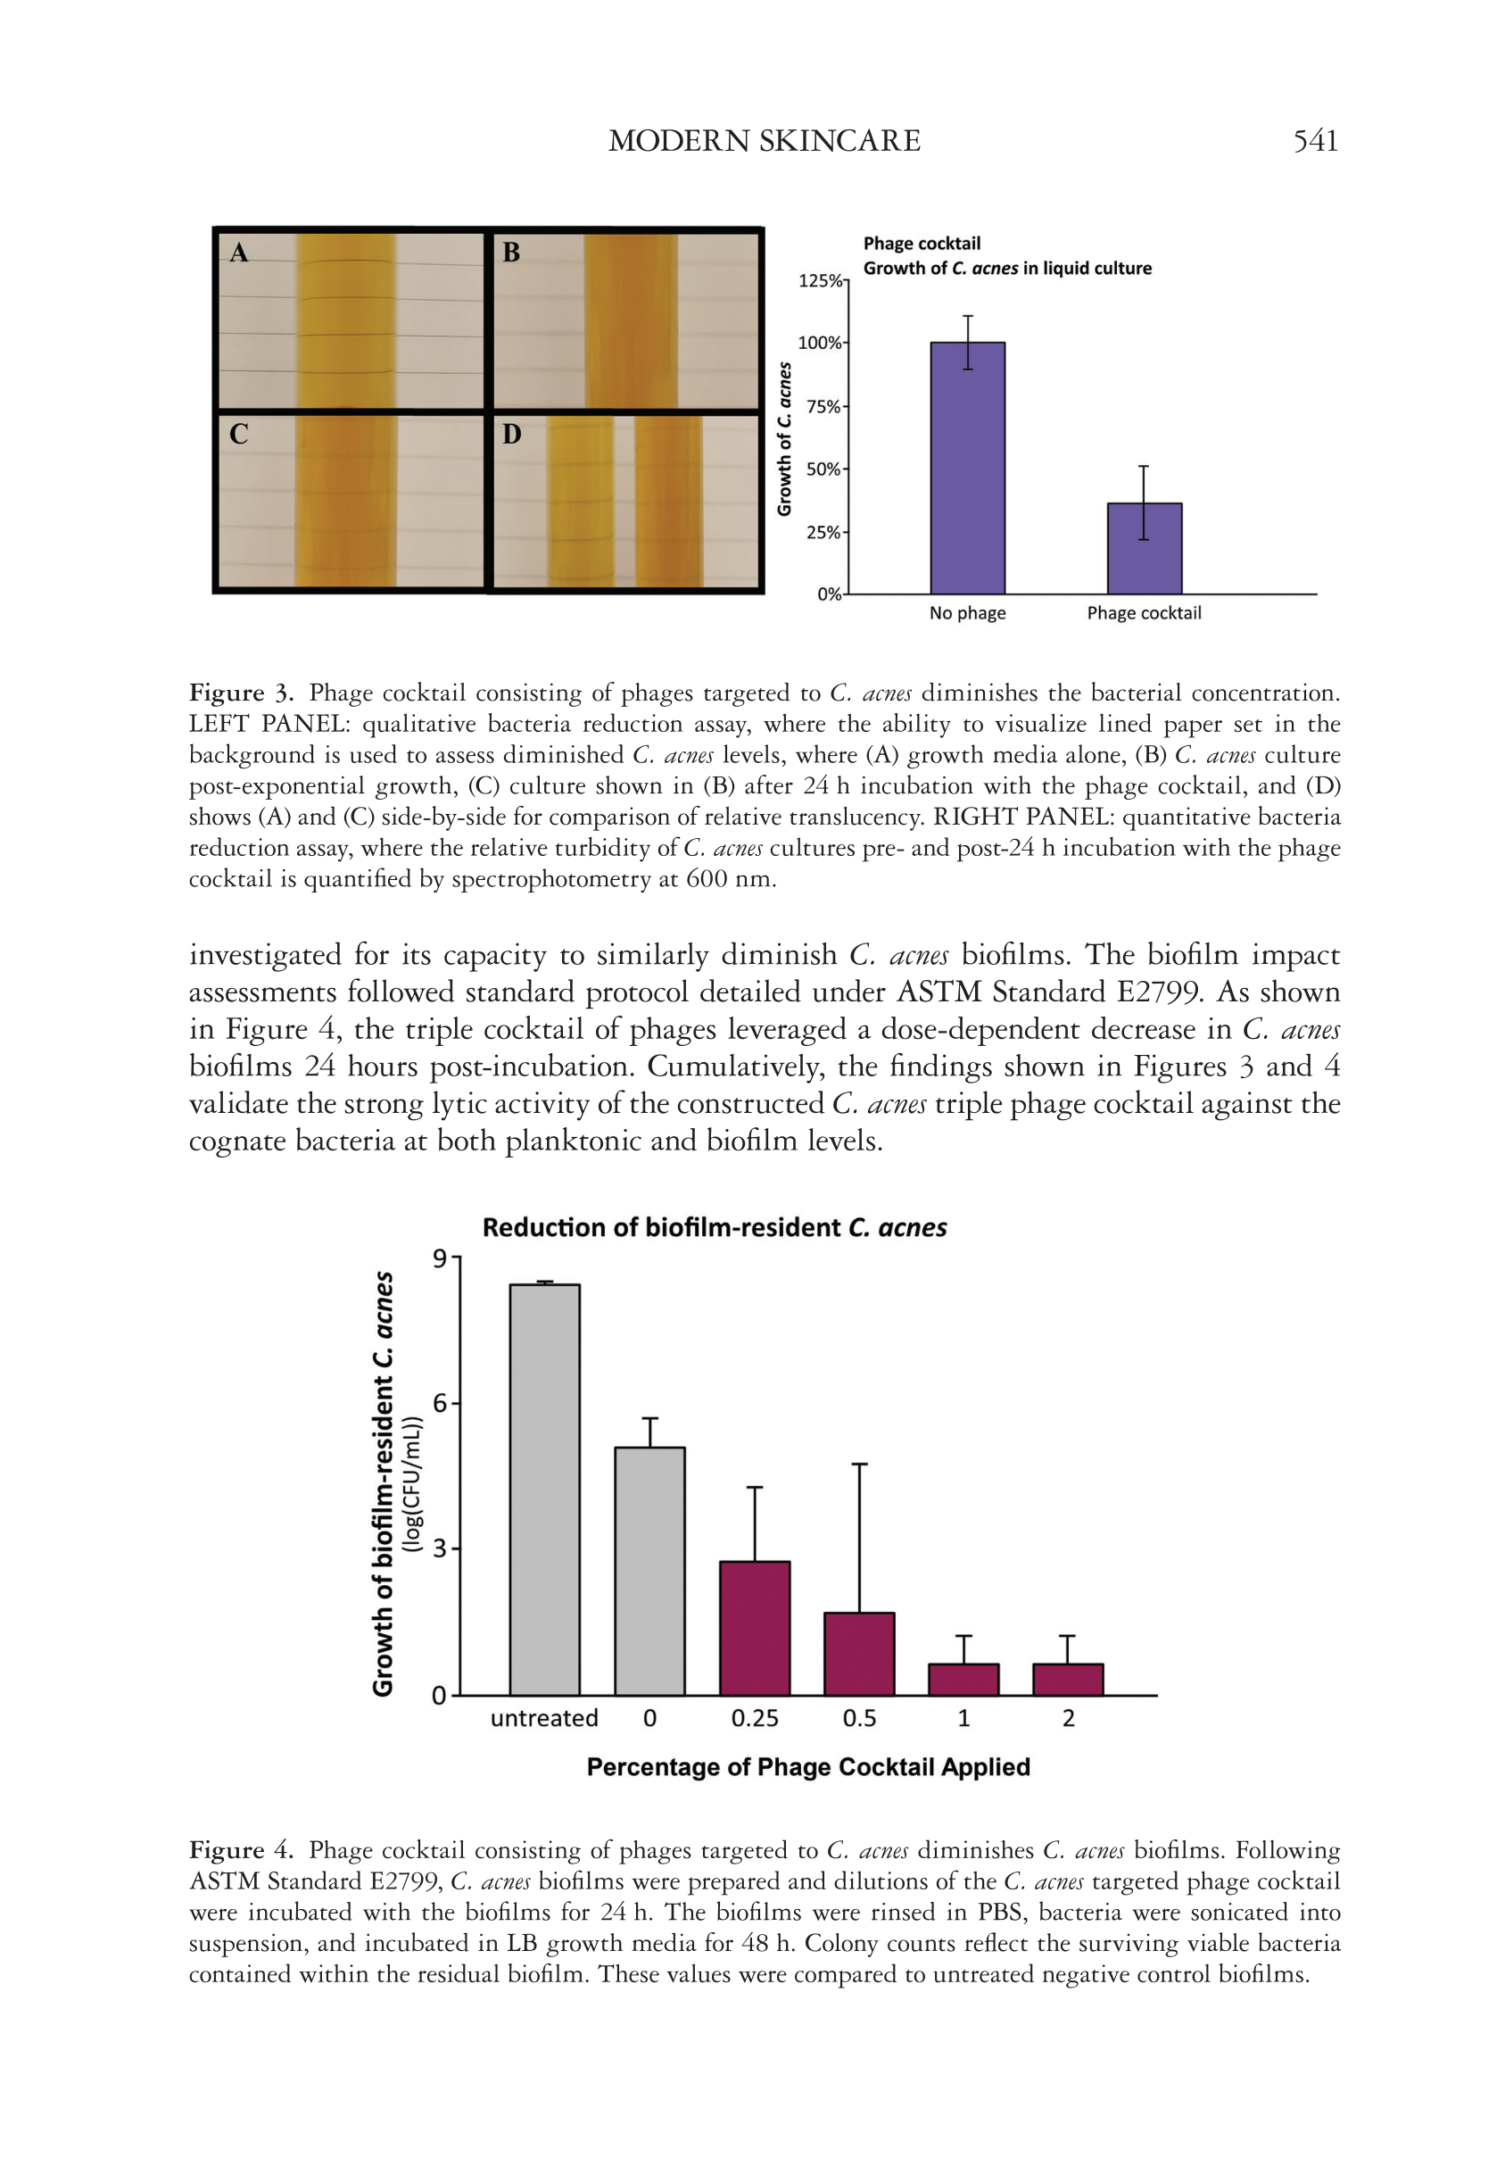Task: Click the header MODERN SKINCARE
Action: click(764, 142)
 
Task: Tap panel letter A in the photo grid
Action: click(239, 252)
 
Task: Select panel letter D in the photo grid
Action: click(511, 434)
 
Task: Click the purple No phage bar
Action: click(967, 468)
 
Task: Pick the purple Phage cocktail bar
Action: click(1144, 549)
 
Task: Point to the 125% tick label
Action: click(820, 281)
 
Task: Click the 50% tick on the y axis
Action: click(823, 469)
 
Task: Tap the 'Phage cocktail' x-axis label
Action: click(1144, 613)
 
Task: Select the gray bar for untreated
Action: click(544, 1490)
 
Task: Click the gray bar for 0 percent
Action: click(649, 1572)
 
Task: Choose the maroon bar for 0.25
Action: click(755, 1628)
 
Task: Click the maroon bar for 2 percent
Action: click(1068, 1680)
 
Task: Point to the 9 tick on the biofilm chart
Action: click(440, 1258)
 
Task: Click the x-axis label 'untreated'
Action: click(544, 1719)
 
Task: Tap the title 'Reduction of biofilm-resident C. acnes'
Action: click(714, 1227)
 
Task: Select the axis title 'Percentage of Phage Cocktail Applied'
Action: click(807, 1766)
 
